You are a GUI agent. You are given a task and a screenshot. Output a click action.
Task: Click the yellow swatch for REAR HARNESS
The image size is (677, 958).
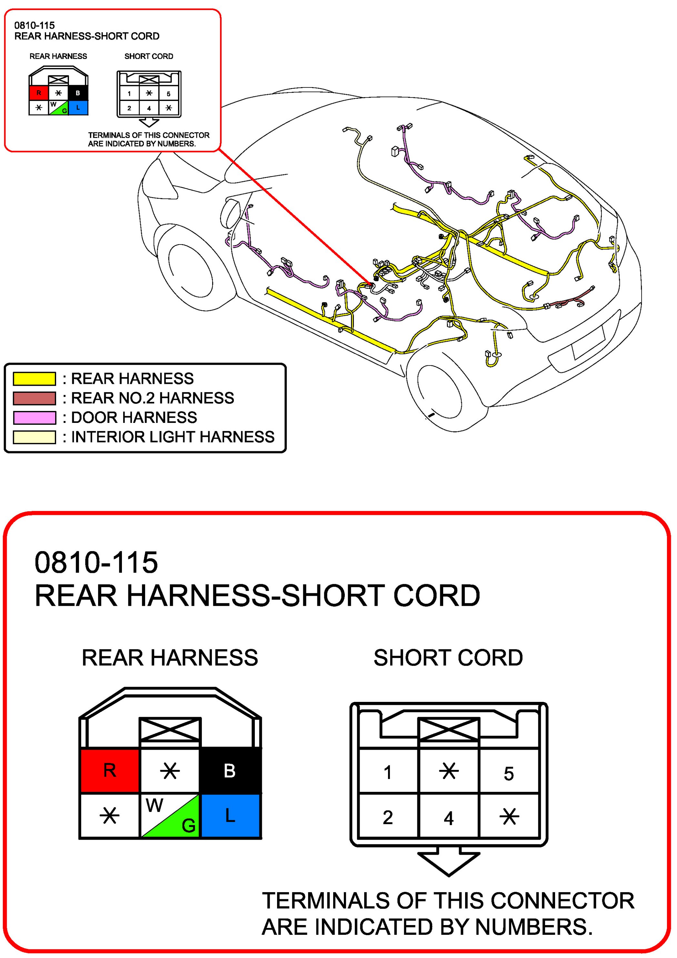(x=34, y=378)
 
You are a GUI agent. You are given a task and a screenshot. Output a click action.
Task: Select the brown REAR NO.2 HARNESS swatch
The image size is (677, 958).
(x=34, y=398)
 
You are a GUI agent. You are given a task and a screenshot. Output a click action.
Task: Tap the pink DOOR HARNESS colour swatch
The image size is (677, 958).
(x=34, y=418)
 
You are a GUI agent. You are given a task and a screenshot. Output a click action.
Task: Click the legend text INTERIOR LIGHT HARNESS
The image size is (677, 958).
(x=173, y=437)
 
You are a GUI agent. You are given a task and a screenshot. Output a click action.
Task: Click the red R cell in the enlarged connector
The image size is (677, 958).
(x=109, y=770)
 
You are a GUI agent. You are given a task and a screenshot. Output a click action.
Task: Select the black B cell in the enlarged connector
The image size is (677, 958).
(x=230, y=770)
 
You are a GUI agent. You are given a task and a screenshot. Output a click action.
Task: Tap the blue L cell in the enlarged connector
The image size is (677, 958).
(x=230, y=815)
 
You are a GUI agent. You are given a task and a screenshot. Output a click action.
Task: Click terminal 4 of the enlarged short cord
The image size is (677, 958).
(x=448, y=817)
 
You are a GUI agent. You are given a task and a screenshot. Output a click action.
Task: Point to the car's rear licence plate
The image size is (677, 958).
(x=588, y=342)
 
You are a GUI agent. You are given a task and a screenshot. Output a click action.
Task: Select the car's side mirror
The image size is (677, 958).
(x=232, y=213)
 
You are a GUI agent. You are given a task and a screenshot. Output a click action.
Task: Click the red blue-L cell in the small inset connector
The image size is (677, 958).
(x=78, y=108)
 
